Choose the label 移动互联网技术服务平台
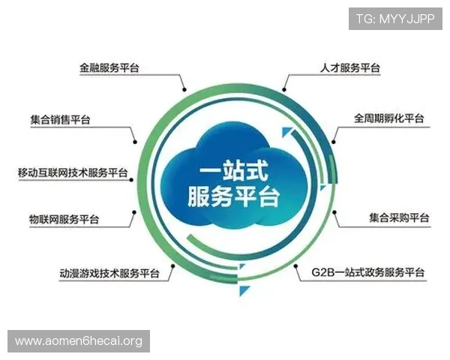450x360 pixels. point(73,172)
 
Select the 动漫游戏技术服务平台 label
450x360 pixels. point(109,272)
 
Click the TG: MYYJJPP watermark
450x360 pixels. point(394,18)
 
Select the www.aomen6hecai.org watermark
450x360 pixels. point(78,341)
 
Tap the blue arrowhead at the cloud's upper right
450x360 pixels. point(286,133)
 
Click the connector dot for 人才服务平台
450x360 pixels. point(286,88)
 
